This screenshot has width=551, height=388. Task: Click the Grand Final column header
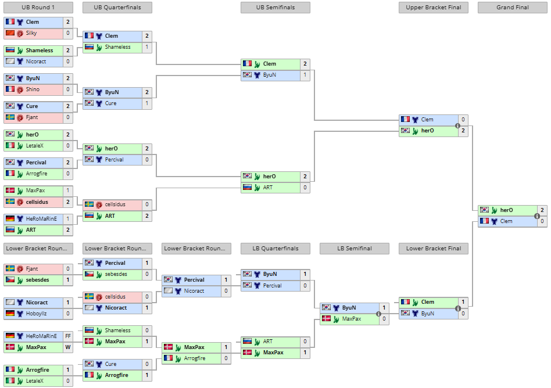point(512,8)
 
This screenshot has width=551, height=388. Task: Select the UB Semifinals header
point(275,8)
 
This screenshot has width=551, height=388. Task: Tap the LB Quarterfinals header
point(275,249)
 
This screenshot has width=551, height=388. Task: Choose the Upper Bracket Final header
point(433,8)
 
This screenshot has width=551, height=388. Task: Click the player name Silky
point(31,33)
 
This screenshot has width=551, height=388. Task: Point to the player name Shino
point(33,89)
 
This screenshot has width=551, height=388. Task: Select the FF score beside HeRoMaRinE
point(68,336)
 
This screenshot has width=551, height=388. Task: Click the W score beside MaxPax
point(68,347)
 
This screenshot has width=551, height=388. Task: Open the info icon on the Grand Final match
point(536,216)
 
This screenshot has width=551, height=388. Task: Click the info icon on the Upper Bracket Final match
point(457,125)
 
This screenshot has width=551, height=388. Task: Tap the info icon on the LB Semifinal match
point(378,314)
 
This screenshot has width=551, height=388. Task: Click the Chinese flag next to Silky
point(10,33)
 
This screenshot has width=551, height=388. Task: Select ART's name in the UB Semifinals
point(268,188)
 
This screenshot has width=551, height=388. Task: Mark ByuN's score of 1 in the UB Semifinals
point(305,75)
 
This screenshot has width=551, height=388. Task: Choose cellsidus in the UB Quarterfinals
point(115,204)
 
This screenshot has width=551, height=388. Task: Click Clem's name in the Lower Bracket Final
point(427,302)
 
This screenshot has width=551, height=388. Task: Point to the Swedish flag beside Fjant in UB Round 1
point(10,117)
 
